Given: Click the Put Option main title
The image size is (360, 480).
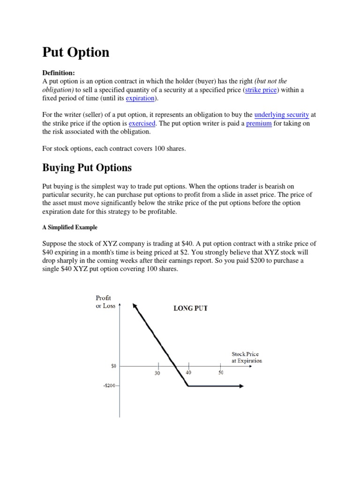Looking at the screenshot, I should click(x=75, y=52).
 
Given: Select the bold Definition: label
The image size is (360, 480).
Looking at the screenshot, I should click(x=59, y=73).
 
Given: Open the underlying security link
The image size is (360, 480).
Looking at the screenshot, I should click(x=281, y=115).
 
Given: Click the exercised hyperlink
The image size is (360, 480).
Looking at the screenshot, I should click(x=142, y=123).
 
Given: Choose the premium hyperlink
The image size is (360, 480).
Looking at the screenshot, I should click(x=259, y=123).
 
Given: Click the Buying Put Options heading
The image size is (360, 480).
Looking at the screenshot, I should click(x=87, y=167).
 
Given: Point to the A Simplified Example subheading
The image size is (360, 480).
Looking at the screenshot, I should click(x=70, y=227).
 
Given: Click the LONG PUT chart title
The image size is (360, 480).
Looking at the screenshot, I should click(x=191, y=308).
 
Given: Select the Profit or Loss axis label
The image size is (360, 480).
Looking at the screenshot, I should click(x=105, y=302).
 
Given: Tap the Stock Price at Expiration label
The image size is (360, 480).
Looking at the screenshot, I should click(x=247, y=358).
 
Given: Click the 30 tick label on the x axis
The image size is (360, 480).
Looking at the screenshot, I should click(x=158, y=373).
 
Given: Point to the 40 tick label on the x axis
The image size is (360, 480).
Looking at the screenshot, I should click(x=189, y=373).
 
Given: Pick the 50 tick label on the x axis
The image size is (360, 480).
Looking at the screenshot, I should click(x=220, y=373).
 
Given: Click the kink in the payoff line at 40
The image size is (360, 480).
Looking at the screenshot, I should click(x=188, y=386).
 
